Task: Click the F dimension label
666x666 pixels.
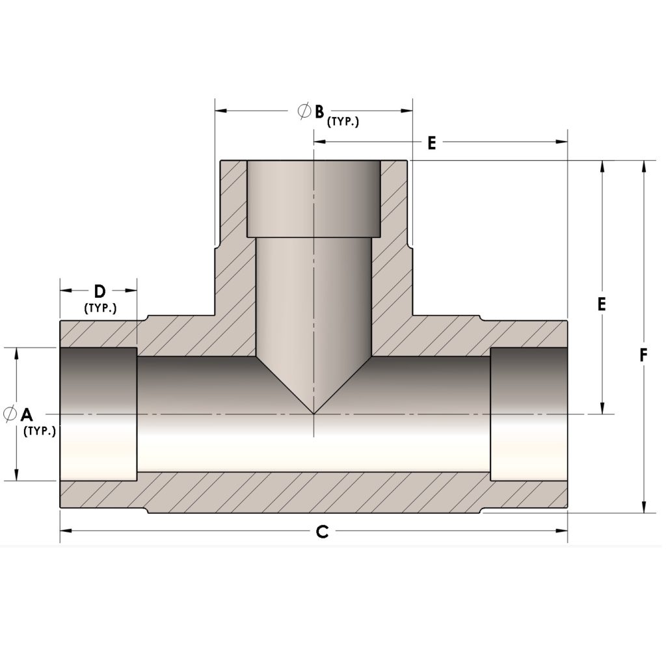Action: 643,356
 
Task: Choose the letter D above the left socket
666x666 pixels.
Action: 99,291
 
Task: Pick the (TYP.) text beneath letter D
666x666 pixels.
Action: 100,308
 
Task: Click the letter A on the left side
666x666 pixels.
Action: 26,414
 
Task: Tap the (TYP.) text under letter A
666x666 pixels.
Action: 39,431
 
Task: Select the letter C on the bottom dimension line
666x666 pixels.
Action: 321,532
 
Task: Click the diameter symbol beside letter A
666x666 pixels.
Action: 10,413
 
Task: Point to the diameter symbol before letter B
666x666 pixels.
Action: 303,111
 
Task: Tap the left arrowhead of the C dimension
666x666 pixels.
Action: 65,531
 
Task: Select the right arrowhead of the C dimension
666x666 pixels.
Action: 563,531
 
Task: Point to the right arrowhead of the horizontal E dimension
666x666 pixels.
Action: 563,142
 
